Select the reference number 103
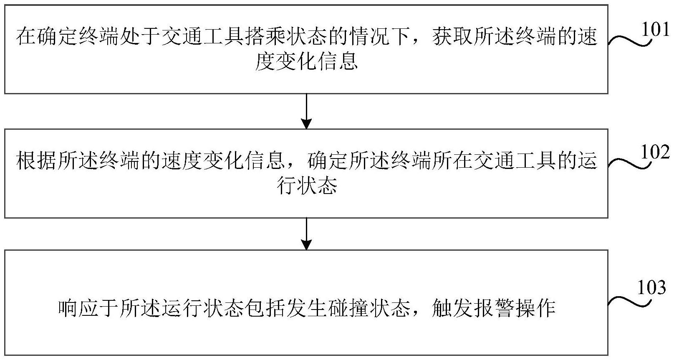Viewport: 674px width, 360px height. [651, 288]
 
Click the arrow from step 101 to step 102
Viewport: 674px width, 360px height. [306, 111]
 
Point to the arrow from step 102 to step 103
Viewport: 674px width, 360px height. [306, 234]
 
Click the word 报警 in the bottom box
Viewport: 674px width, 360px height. [493, 309]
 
